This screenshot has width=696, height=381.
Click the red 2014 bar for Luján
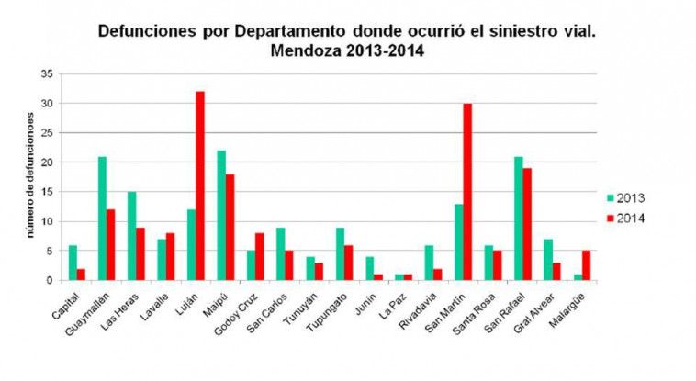coord(199,185)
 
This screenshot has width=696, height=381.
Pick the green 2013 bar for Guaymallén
coord(102,219)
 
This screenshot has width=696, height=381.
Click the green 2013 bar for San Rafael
coord(517,219)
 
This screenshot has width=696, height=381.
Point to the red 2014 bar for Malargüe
coord(585,265)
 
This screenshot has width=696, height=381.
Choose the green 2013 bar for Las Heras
coord(131,236)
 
